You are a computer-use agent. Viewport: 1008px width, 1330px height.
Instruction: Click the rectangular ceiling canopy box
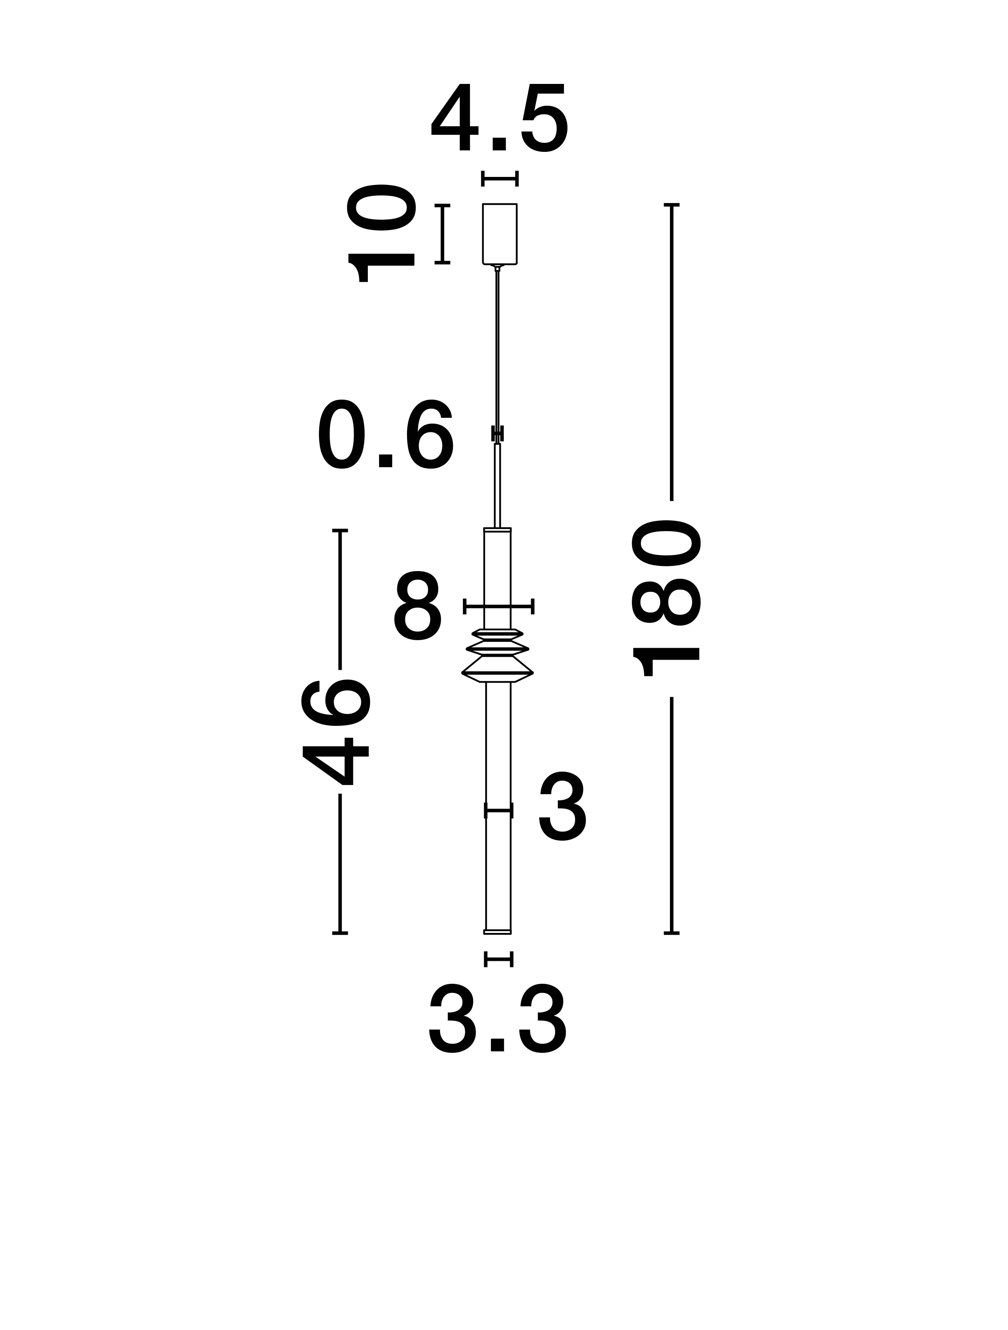[x=500, y=234]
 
